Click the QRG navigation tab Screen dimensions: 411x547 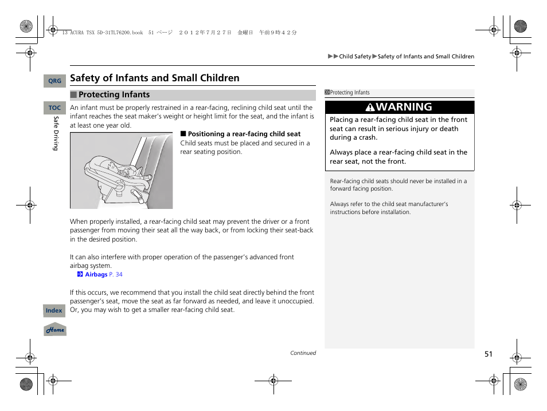(54, 81)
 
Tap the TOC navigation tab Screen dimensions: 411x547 (54, 108)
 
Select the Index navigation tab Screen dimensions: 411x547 (54, 310)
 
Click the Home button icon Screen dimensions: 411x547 (55, 330)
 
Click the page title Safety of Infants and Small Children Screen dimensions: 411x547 (155, 78)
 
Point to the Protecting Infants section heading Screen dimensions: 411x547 (114, 95)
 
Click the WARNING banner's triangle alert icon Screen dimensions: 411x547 (370, 108)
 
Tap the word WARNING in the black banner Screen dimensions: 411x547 (404, 107)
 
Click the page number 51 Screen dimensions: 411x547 (488, 354)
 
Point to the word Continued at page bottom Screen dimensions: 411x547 (303, 353)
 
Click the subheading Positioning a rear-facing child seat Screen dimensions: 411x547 (244, 134)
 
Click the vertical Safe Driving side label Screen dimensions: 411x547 (56, 133)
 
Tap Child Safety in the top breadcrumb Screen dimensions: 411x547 (355, 57)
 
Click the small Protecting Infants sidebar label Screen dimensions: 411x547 (349, 93)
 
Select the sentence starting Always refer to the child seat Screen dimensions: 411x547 (389, 208)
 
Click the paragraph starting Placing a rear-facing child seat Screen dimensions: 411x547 (398, 129)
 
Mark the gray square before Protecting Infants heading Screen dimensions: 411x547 (73, 95)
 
